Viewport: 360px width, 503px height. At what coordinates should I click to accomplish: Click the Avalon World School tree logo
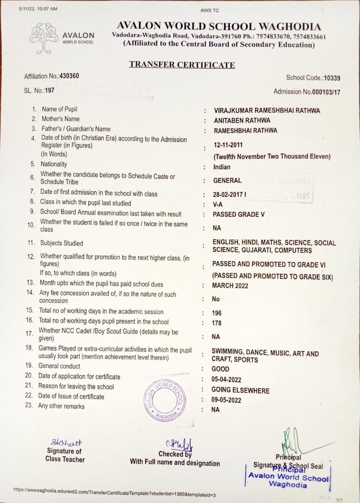click(44, 38)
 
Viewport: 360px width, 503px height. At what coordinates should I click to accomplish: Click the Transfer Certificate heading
click(182, 65)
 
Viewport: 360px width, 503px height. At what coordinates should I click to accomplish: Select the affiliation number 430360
click(69, 76)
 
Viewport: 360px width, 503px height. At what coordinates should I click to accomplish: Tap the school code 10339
click(332, 78)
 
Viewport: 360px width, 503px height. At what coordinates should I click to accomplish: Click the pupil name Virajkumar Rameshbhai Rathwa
click(267, 110)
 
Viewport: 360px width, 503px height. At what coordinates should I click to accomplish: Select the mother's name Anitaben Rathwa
click(242, 120)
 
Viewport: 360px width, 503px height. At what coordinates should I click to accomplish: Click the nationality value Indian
click(222, 167)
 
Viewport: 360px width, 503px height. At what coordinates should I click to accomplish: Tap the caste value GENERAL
click(227, 180)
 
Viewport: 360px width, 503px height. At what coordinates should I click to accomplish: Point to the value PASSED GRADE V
click(239, 215)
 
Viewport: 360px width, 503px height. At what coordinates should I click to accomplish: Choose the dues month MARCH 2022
click(230, 286)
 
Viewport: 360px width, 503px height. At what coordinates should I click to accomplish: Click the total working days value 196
click(217, 313)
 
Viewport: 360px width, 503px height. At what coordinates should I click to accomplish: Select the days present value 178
click(217, 323)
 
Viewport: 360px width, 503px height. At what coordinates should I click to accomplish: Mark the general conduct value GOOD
click(220, 369)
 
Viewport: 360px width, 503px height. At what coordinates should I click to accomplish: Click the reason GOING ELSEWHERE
click(241, 390)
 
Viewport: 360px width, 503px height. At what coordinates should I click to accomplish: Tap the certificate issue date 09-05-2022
click(226, 400)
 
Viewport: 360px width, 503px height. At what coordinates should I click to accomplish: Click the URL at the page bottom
click(114, 491)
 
